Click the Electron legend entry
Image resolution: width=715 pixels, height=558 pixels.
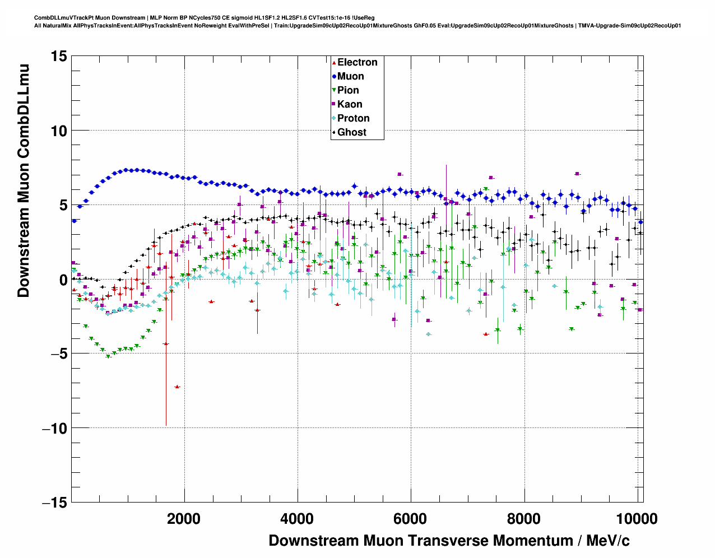point(357,62)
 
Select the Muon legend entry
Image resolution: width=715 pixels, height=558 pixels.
point(350,76)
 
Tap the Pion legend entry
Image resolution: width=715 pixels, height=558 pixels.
point(348,90)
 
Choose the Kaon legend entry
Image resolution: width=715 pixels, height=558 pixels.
point(350,104)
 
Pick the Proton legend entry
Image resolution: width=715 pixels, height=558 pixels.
point(353,118)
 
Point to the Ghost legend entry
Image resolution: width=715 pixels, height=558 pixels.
point(351,132)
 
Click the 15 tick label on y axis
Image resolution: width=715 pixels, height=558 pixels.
point(58,56)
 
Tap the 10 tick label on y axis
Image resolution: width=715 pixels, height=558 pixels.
point(58,131)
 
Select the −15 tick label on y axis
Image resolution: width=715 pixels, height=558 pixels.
point(54,503)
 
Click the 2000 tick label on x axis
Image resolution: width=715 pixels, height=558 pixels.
point(184,519)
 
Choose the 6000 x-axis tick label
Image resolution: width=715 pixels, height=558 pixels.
point(411,519)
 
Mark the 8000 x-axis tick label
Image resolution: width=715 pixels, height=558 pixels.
point(524,519)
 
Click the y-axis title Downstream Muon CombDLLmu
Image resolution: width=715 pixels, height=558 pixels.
point(23,180)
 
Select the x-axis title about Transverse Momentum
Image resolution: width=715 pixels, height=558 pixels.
point(449,541)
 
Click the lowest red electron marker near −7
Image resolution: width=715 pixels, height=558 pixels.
point(177,387)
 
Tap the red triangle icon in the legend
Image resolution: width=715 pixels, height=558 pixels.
point(334,62)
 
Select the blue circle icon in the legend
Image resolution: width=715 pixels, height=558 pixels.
point(334,76)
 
